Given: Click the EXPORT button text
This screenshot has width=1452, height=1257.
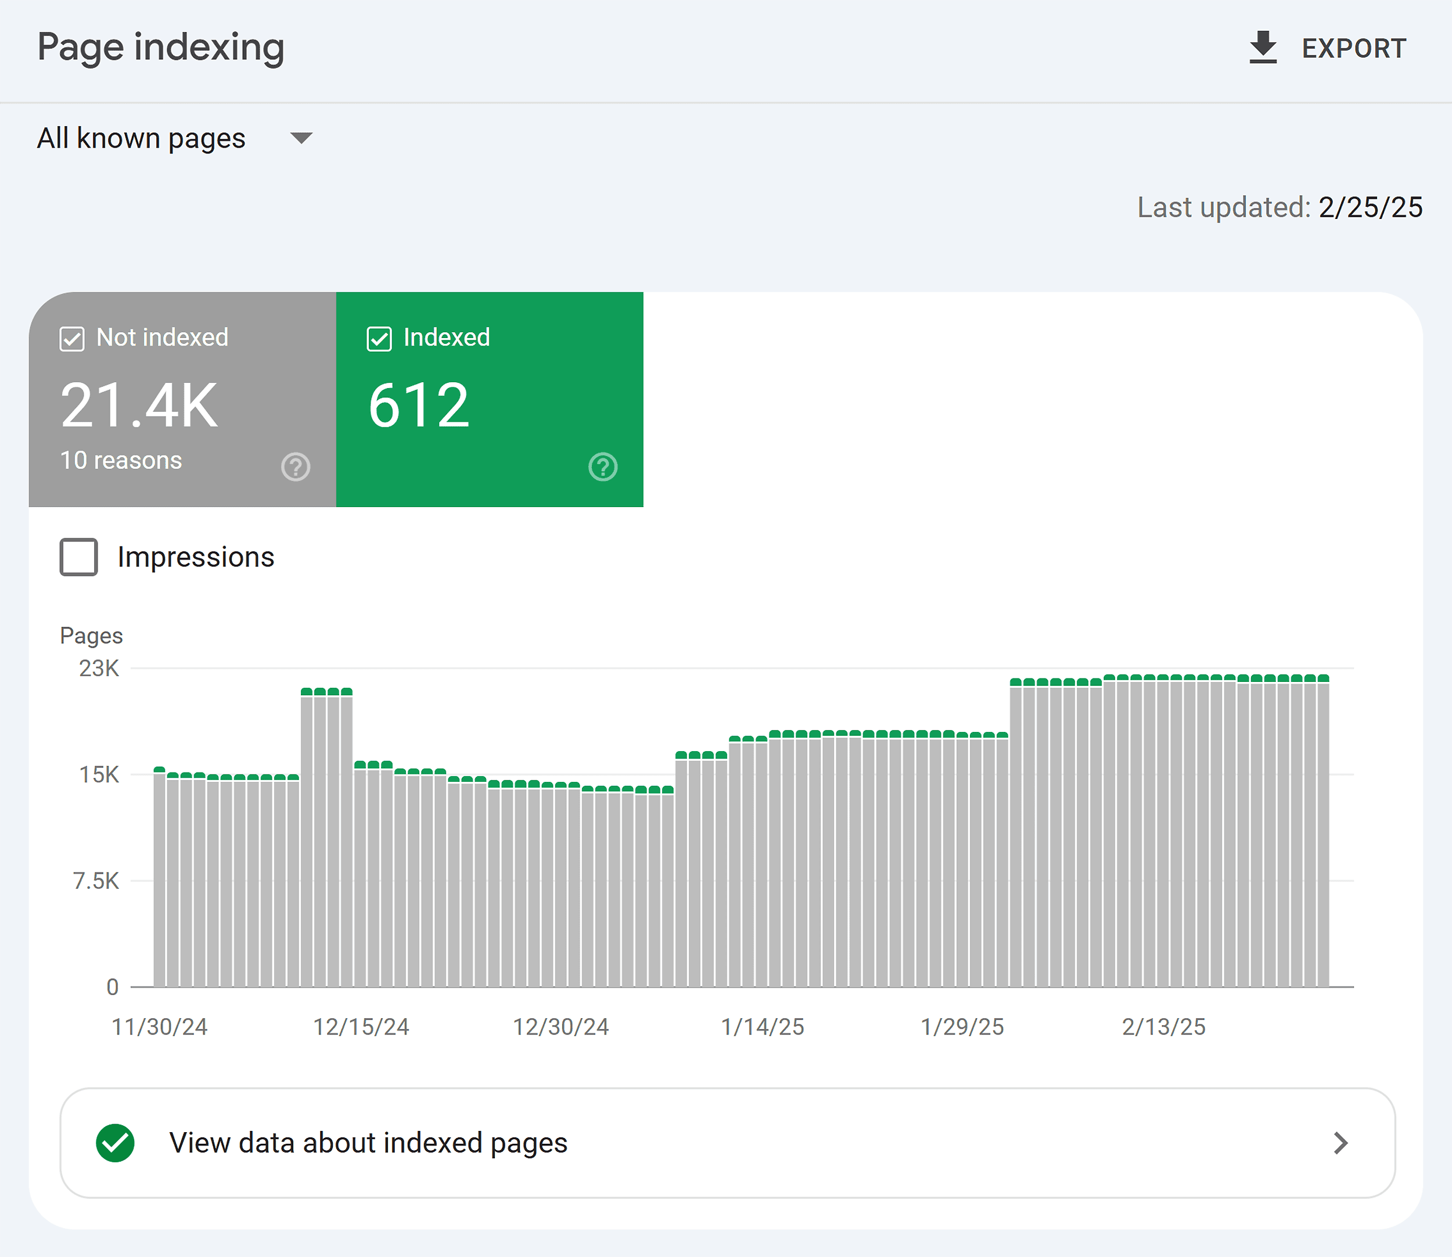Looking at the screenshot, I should (1353, 48).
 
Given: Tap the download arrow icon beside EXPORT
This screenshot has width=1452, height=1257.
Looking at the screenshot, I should (1263, 47).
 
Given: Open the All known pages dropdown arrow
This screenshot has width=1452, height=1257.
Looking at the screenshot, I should (301, 138).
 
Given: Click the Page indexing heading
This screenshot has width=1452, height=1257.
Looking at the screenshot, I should (161, 47).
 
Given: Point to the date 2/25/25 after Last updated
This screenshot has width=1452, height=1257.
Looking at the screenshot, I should (1370, 207).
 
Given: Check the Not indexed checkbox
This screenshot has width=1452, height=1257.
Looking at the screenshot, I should (72, 339).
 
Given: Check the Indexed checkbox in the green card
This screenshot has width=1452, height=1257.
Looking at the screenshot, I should (379, 339).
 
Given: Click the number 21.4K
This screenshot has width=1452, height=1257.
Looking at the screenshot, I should (139, 405).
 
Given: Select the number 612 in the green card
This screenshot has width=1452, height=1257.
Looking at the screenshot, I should (419, 405).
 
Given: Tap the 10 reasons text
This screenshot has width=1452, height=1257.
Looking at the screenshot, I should (121, 460).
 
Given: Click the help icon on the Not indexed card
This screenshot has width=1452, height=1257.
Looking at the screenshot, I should (295, 466).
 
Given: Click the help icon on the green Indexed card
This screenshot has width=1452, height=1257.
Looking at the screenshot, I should (602, 466).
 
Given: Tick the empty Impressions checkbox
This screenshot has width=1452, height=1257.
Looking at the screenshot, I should (78, 557).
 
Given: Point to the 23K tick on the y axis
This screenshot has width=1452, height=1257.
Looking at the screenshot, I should (99, 669).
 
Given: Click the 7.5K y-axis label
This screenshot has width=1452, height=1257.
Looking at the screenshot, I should (96, 881).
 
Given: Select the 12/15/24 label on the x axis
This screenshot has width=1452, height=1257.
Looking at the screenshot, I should (361, 1027).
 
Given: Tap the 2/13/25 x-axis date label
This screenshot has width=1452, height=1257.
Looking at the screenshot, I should (1163, 1027).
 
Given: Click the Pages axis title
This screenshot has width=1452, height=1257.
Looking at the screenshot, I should (91, 635).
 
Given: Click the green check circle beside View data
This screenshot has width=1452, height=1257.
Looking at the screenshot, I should (115, 1143).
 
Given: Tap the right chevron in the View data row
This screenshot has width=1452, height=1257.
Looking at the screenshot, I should (1340, 1143).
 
